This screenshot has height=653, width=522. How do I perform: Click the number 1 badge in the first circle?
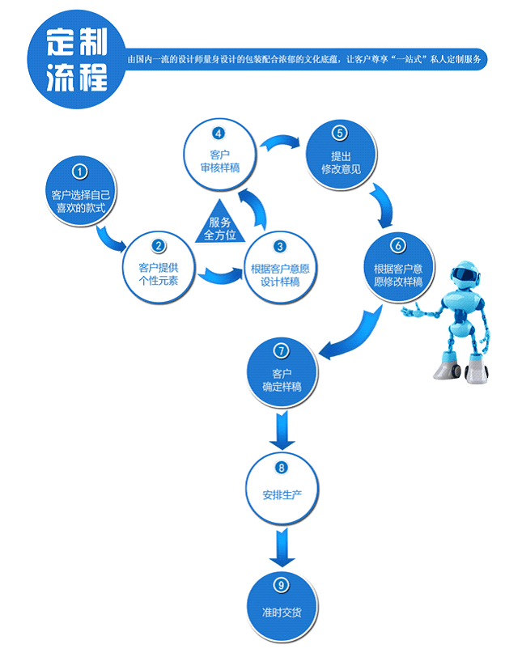click(x=79, y=172)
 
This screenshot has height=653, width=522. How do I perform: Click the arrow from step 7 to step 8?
click(x=281, y=429)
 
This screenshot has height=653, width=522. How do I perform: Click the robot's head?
click(x=464, y=276)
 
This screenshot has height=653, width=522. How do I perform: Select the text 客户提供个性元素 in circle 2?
click(x=159, y=273)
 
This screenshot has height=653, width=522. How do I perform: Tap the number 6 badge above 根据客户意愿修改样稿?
click(x=397, y=245)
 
